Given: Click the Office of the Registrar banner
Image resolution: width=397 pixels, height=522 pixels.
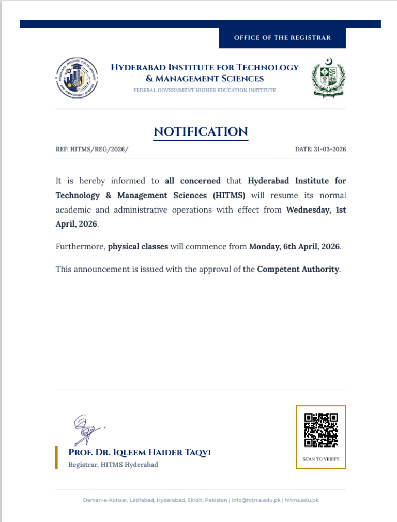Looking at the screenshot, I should point(282,38).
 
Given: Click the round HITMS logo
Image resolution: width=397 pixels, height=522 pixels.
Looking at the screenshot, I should point(77,78).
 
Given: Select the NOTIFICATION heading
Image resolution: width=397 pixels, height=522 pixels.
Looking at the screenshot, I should point(201,131).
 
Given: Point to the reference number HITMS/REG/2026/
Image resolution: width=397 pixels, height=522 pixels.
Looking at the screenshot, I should point(92,150).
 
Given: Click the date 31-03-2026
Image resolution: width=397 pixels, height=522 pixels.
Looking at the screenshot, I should point(320,150).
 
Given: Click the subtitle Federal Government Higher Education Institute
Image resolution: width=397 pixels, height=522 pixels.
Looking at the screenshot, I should point(205,91).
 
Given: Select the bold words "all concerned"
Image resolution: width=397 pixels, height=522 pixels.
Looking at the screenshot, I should point(193,181).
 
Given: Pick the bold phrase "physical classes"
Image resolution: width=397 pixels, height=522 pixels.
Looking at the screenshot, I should point(138,247).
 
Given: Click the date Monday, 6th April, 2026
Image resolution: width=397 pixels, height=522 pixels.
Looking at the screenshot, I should point(294,247).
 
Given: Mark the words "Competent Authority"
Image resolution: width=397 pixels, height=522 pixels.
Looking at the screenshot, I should point(298,269).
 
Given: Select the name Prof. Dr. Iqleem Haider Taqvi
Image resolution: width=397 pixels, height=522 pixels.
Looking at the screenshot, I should point(140,453).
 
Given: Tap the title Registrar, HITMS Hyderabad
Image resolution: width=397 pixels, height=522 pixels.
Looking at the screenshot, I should point(113,465).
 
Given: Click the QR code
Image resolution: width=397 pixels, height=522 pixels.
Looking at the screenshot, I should point(320,430).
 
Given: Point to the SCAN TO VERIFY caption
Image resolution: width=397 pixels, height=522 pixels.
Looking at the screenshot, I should point(320,459).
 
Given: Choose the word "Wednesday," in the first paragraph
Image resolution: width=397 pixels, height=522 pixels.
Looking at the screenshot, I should point(308,210).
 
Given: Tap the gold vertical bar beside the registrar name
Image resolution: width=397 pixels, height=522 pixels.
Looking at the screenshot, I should point(56,457).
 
